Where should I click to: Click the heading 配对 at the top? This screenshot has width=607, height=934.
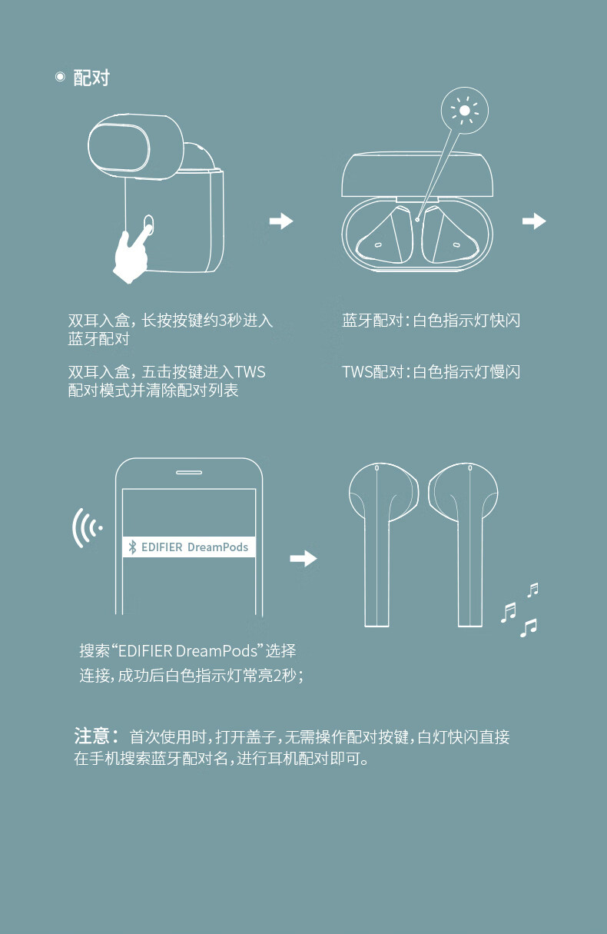click(x=91, y=78)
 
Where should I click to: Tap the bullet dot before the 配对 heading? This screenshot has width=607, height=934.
click(x=60, y=76)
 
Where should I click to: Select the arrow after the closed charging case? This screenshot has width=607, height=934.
click(x=281, y=221)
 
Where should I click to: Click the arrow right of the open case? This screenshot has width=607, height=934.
click(x=534, y=221)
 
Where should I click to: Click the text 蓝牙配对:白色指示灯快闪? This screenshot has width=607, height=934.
click(x=431, y=321)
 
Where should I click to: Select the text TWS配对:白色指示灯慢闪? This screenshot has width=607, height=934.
click(x=431, y=372)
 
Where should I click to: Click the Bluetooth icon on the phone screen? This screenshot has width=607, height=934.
click(x=132, y=547)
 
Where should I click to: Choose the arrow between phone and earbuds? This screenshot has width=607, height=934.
click(x=303, y=558)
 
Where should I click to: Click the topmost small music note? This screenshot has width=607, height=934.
click(x=532, y=590)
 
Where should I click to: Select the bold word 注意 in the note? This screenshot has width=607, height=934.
click(x=92, y=736)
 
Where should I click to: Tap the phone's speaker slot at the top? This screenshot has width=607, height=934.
click(x=188, y=473)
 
